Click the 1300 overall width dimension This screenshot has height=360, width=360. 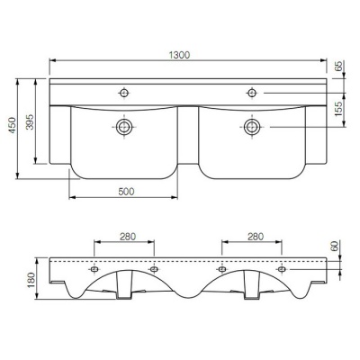179,55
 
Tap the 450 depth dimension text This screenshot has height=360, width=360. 13,125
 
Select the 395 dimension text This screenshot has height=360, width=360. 30,121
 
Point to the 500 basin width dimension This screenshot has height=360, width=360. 126,192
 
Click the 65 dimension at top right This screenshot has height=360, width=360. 338,66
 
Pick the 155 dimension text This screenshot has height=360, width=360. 338,109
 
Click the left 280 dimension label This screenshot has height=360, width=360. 128,237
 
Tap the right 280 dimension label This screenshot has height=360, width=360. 256,237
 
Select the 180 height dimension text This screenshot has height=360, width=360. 31,280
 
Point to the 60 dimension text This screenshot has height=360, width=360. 335,246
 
